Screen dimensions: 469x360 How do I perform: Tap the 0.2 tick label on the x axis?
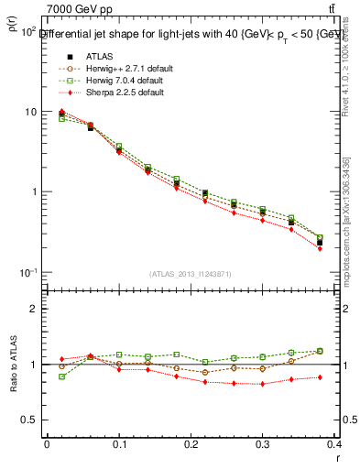[x=191, y=444]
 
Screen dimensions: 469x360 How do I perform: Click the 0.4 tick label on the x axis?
[x=333, y=444]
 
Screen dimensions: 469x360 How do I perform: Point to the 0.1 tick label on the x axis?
[x=118, y=444]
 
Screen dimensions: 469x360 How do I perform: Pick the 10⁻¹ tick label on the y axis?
[x=27, y=273]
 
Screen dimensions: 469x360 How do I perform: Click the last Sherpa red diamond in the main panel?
[x=345, y=248]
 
